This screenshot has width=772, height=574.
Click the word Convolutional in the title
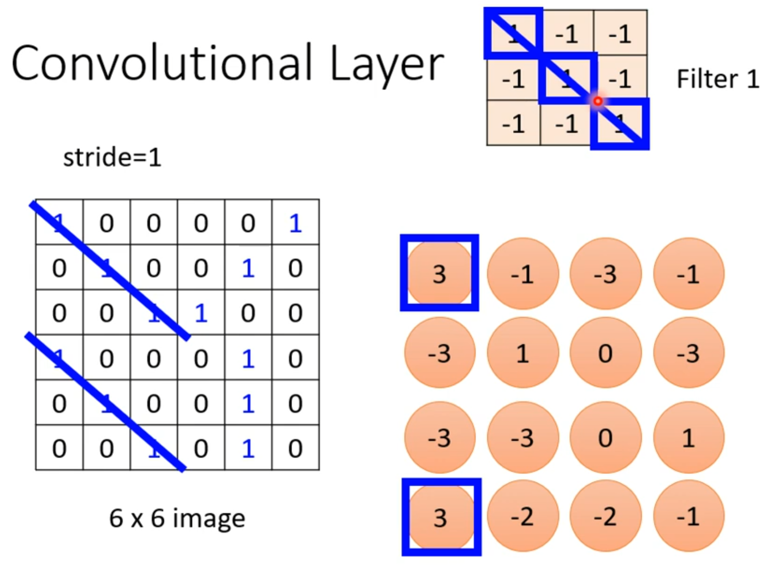[161, 63]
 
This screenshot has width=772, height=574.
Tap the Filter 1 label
[718, 79]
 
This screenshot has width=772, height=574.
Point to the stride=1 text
[112, 158]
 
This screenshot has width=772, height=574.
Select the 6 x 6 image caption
[177, 518]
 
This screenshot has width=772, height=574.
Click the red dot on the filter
[598, 101]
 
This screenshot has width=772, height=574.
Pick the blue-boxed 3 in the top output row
[439, 273]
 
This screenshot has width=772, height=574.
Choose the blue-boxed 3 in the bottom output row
[441, 517]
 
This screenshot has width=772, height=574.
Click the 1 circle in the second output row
[523, 353]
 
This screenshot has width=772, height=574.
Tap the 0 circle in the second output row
[605, 353]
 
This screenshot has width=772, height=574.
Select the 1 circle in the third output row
[688, 438]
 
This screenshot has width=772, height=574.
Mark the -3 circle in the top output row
[605, 274]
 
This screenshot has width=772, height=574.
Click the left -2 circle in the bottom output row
[523, 517]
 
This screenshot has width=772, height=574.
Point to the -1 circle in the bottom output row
[688, 517]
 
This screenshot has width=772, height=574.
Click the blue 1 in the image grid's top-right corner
[295, 223]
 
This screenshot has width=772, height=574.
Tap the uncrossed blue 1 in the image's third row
[201, 313]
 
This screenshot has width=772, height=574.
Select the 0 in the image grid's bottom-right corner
[295, 448]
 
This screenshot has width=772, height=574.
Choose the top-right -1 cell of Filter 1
[620, 33]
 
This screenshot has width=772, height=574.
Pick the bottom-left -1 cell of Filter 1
[513, 124]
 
